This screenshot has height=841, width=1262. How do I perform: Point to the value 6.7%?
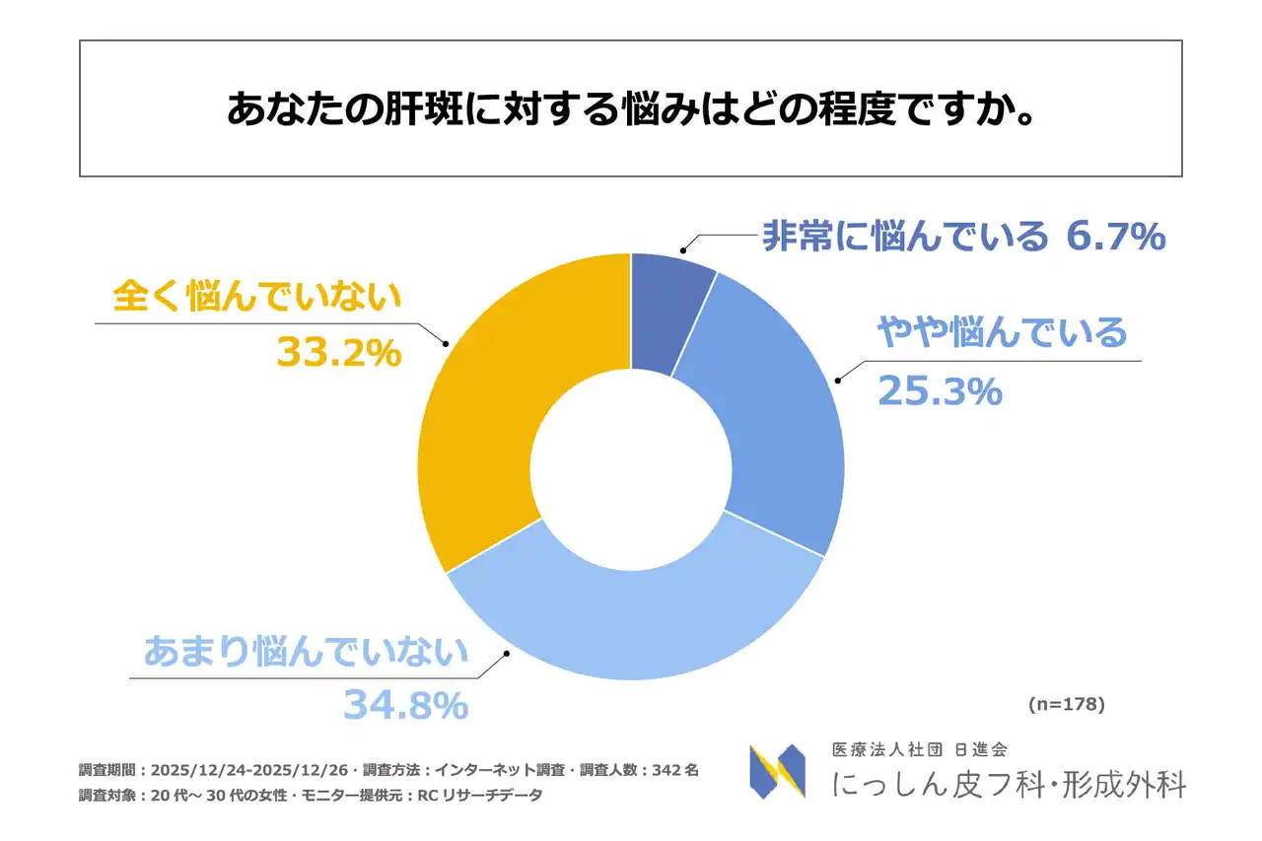click(x=1117, y=237)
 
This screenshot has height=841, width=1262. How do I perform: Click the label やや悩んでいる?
click(x=1002, y=333)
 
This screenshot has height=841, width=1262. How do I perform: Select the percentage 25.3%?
click(x=940, y=391)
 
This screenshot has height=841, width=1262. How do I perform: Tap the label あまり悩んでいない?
click(x=306, y=652)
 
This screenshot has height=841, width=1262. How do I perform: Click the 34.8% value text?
click(x=405, y=705)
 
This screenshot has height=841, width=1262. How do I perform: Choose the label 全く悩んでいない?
click(x=257, y=295)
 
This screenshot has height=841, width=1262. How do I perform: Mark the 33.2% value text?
click(x=339, y=352)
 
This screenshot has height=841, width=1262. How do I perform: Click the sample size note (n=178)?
click(x=1066, y=704)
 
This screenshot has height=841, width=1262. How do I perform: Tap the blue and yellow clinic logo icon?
click(x=777, y=771)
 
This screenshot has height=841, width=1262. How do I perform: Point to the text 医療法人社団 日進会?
click(x=919, y=751)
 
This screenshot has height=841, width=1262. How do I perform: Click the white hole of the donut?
click(x=631, y=466)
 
